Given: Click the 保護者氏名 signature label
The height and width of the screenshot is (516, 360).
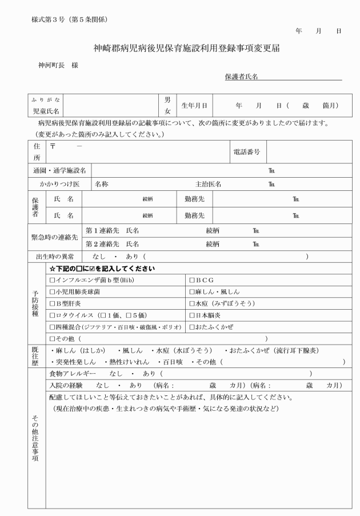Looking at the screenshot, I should coord(241,77).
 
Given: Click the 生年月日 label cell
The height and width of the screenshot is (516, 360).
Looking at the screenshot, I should coord(194,106).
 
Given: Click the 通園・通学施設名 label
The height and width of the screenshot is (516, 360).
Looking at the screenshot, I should coord(59,170).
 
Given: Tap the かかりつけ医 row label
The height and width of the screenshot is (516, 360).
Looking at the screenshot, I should coord(59,185).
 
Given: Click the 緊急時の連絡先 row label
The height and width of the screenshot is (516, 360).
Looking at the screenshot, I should coord(55,237).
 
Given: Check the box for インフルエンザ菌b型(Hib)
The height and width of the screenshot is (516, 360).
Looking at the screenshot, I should coord(53,281).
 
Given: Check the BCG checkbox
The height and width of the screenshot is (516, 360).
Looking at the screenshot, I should coord(192,281).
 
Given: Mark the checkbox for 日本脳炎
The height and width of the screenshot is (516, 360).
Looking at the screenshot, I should coord(192,315).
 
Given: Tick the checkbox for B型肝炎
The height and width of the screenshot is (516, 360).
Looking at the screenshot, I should coord(53,303).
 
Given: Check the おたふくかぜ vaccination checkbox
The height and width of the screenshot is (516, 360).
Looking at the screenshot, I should coord(192,327).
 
